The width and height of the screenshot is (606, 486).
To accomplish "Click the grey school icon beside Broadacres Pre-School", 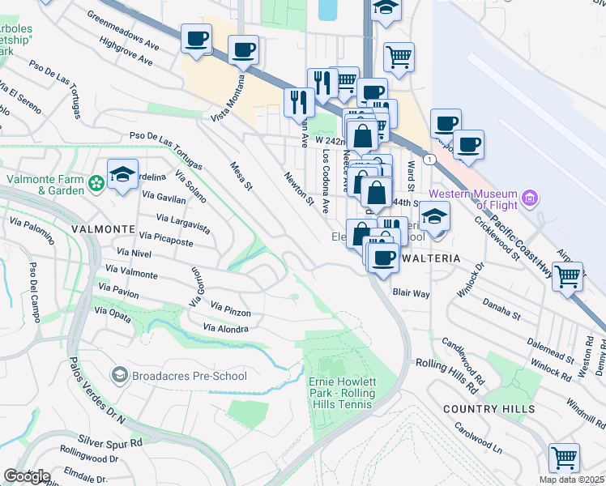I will click(120, 375).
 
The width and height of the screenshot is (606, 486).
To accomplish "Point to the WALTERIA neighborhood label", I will click(430, 258).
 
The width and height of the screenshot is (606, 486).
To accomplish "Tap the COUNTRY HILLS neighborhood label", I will click(489, 409).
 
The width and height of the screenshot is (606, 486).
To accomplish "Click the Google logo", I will click(27, 476).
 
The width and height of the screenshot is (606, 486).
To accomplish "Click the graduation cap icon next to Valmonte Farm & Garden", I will click(122, 173).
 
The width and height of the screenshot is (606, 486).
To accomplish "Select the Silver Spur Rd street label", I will click(110, 442).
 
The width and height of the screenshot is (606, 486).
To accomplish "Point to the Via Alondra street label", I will click(226, 328).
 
